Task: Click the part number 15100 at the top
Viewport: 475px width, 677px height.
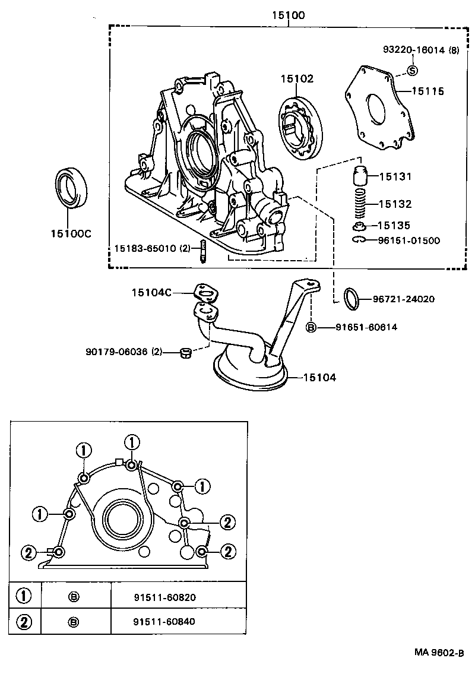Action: (288, 15)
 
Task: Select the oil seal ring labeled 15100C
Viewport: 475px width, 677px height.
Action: (71, 188)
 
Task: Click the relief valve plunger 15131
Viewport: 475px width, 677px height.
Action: (359, 176)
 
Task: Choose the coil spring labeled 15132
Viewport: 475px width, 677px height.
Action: (359, 204)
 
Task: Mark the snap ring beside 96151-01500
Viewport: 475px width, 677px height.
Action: (358, 240)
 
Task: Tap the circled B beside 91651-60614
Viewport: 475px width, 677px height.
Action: (311, 327)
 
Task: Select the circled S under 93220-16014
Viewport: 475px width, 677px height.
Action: (412, 71)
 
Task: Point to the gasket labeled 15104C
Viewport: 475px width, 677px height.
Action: (206, 292)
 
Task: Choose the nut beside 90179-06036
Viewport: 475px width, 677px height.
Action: (185, 353)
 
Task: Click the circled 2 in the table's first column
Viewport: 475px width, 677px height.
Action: (24, 622)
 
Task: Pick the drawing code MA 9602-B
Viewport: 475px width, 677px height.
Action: (438, 652)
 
